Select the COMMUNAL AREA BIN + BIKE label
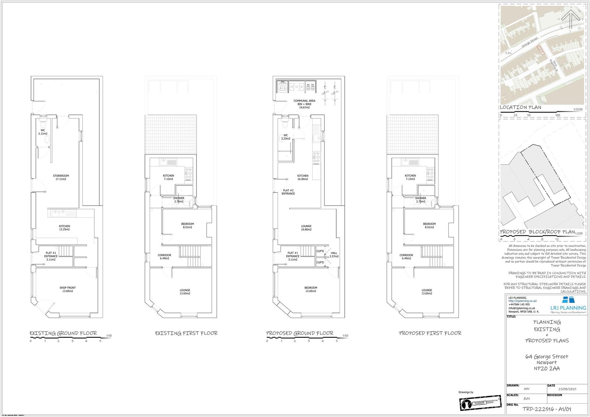(x=304, y=103)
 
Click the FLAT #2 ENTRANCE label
(x=288, y=192)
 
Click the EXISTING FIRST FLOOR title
(x=186, y=333)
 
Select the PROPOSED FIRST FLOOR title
(x=430, y=333)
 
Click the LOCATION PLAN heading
(x=520, y=107)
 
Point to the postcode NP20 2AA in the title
(x=547, y=368)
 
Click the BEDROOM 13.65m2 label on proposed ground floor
(x=311, y=289)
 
